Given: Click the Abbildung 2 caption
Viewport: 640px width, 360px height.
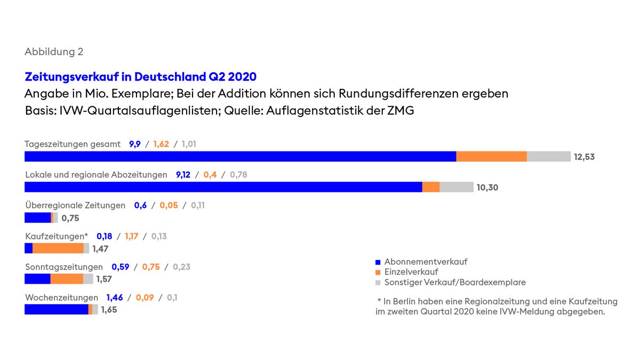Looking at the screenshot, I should point(54,52).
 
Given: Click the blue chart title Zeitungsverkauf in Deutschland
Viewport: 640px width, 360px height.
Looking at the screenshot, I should point(140,77).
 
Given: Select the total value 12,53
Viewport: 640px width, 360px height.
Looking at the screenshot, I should point(584,157).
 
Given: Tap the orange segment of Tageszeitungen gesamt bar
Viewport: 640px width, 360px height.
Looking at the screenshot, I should point(491,156).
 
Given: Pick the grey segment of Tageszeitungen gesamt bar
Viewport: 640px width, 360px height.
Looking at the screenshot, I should point(548,156).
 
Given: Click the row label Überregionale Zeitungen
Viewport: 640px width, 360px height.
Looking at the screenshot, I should point(75,205).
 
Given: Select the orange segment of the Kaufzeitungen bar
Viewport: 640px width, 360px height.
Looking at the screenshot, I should point(58,248).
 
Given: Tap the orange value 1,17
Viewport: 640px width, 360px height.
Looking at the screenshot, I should point(132,236).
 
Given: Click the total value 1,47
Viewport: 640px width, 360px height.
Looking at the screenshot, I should point(100,249).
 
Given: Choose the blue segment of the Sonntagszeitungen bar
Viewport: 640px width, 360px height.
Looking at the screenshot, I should point(37,279).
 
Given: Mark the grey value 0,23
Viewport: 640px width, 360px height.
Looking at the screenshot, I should point(181,267).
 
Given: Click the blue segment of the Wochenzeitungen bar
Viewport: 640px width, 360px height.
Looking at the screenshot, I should point(56,309).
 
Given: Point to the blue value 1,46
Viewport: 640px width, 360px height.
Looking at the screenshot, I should point(115,298).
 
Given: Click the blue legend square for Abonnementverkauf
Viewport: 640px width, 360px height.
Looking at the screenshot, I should point(378,262).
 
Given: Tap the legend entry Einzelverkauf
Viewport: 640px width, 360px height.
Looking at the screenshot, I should point(411,272).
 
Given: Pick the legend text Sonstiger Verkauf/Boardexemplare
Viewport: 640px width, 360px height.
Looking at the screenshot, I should point(455,283).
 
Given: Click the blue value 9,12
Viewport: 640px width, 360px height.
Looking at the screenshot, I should point(183,174).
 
